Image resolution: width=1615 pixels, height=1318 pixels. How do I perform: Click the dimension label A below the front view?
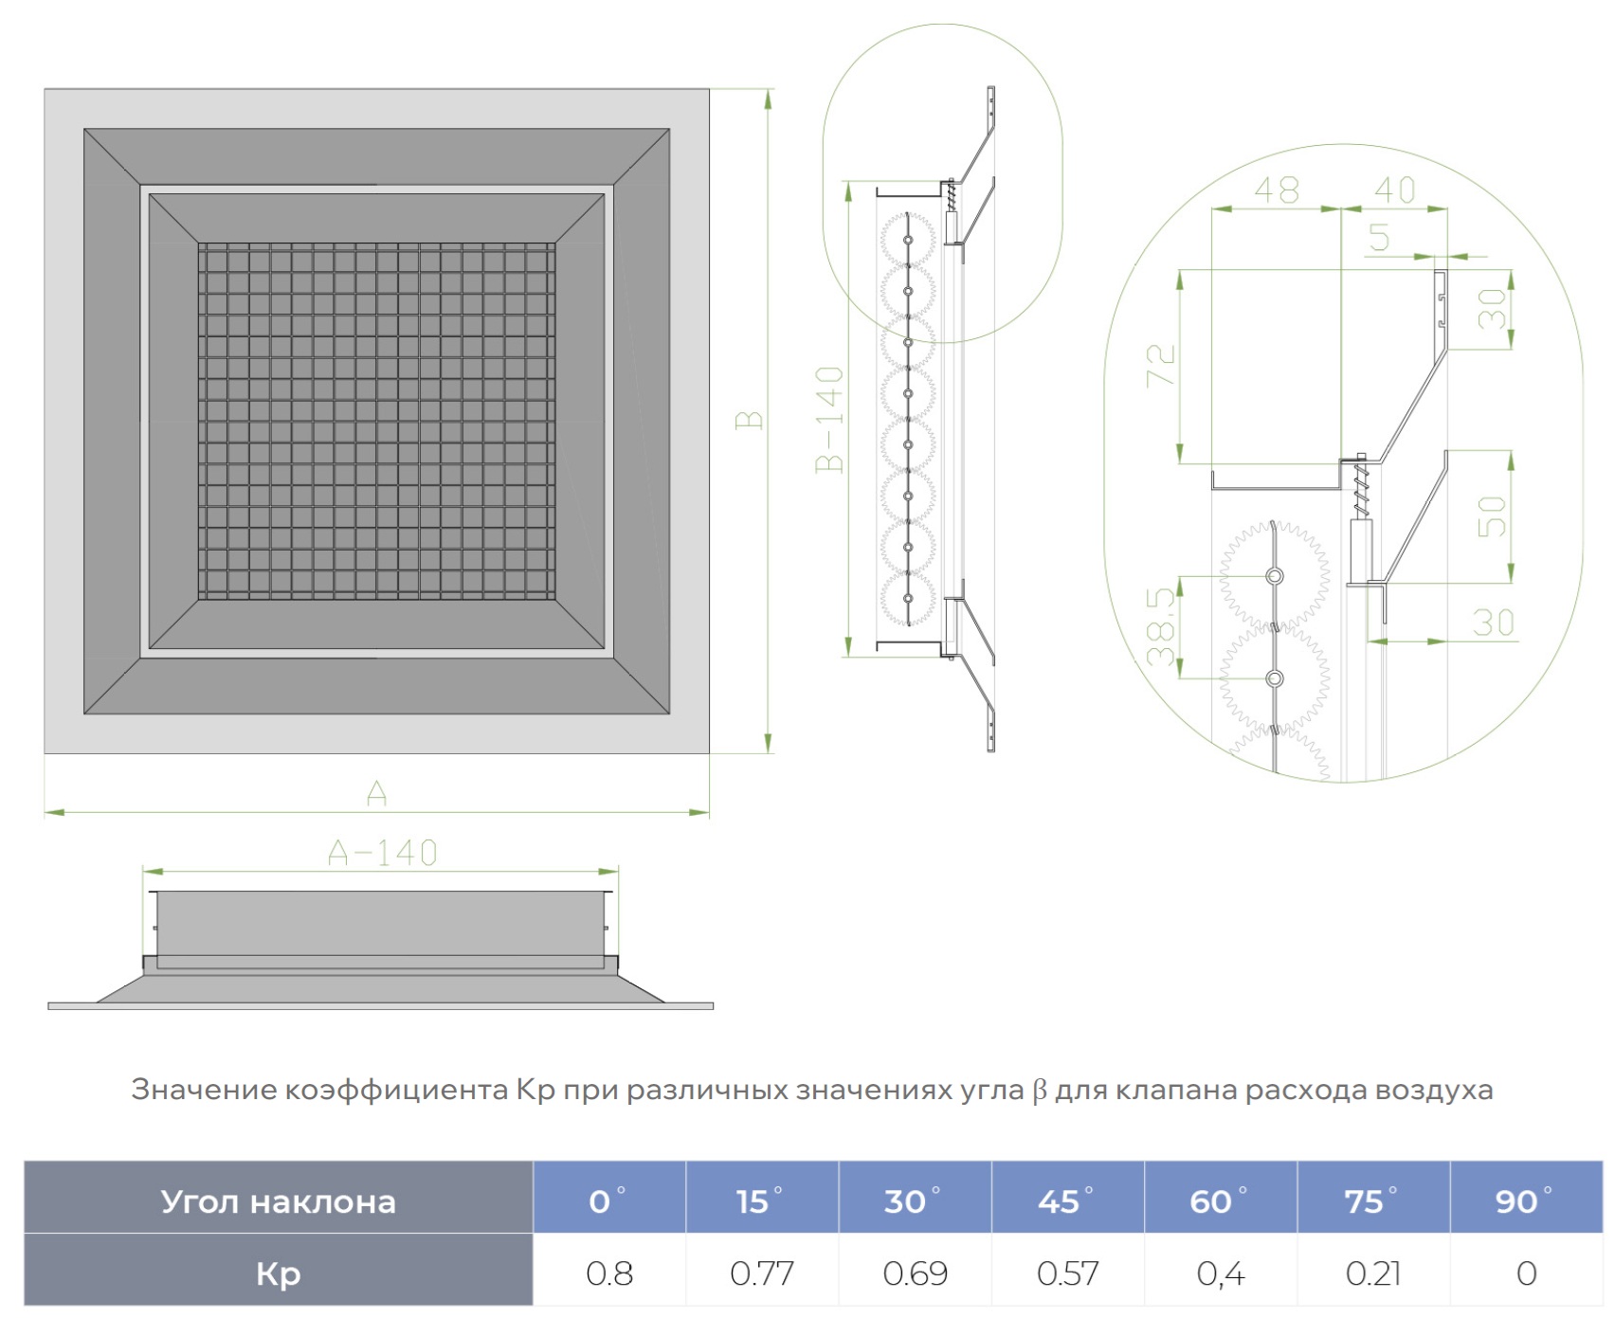(x=376, y=792)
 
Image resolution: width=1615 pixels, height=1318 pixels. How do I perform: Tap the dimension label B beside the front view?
(x=749, y=420)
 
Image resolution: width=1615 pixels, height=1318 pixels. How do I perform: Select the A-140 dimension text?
(x=382, y=854)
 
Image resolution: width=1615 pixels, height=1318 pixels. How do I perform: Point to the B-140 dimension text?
(x=829, y=419)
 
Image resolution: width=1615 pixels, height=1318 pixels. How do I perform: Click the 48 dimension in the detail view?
(x=1276, y=190)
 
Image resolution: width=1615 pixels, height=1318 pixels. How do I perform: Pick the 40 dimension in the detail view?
(x=1394, y=190)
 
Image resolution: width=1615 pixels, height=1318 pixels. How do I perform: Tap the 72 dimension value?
(x=1161, y=365)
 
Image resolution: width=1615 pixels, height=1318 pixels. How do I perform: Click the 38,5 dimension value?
(x=1161, y=626)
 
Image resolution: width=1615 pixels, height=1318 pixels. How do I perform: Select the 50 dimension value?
(x=1492, y=516)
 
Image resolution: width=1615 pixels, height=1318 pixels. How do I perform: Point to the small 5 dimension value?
(x=1379, y=238)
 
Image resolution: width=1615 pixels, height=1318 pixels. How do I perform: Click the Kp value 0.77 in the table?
(x=762, y=1273)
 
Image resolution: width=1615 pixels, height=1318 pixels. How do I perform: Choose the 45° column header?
(x=1066, y=1201)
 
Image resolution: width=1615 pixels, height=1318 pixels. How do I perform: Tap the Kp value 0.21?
(x=1373, y=1273)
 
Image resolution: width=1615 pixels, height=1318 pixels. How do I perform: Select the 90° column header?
(x=1524, y=1201)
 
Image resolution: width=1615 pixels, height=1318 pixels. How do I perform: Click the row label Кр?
(x=278, y=1273)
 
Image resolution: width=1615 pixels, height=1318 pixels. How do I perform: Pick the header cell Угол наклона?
(x=278, y=1201)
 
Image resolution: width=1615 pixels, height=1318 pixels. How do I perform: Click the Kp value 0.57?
(x=1067, y=1273)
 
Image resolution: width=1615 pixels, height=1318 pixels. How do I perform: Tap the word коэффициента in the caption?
(x=397, y=1091)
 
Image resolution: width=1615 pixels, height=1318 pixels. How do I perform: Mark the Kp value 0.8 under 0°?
(x=608, y=1273)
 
